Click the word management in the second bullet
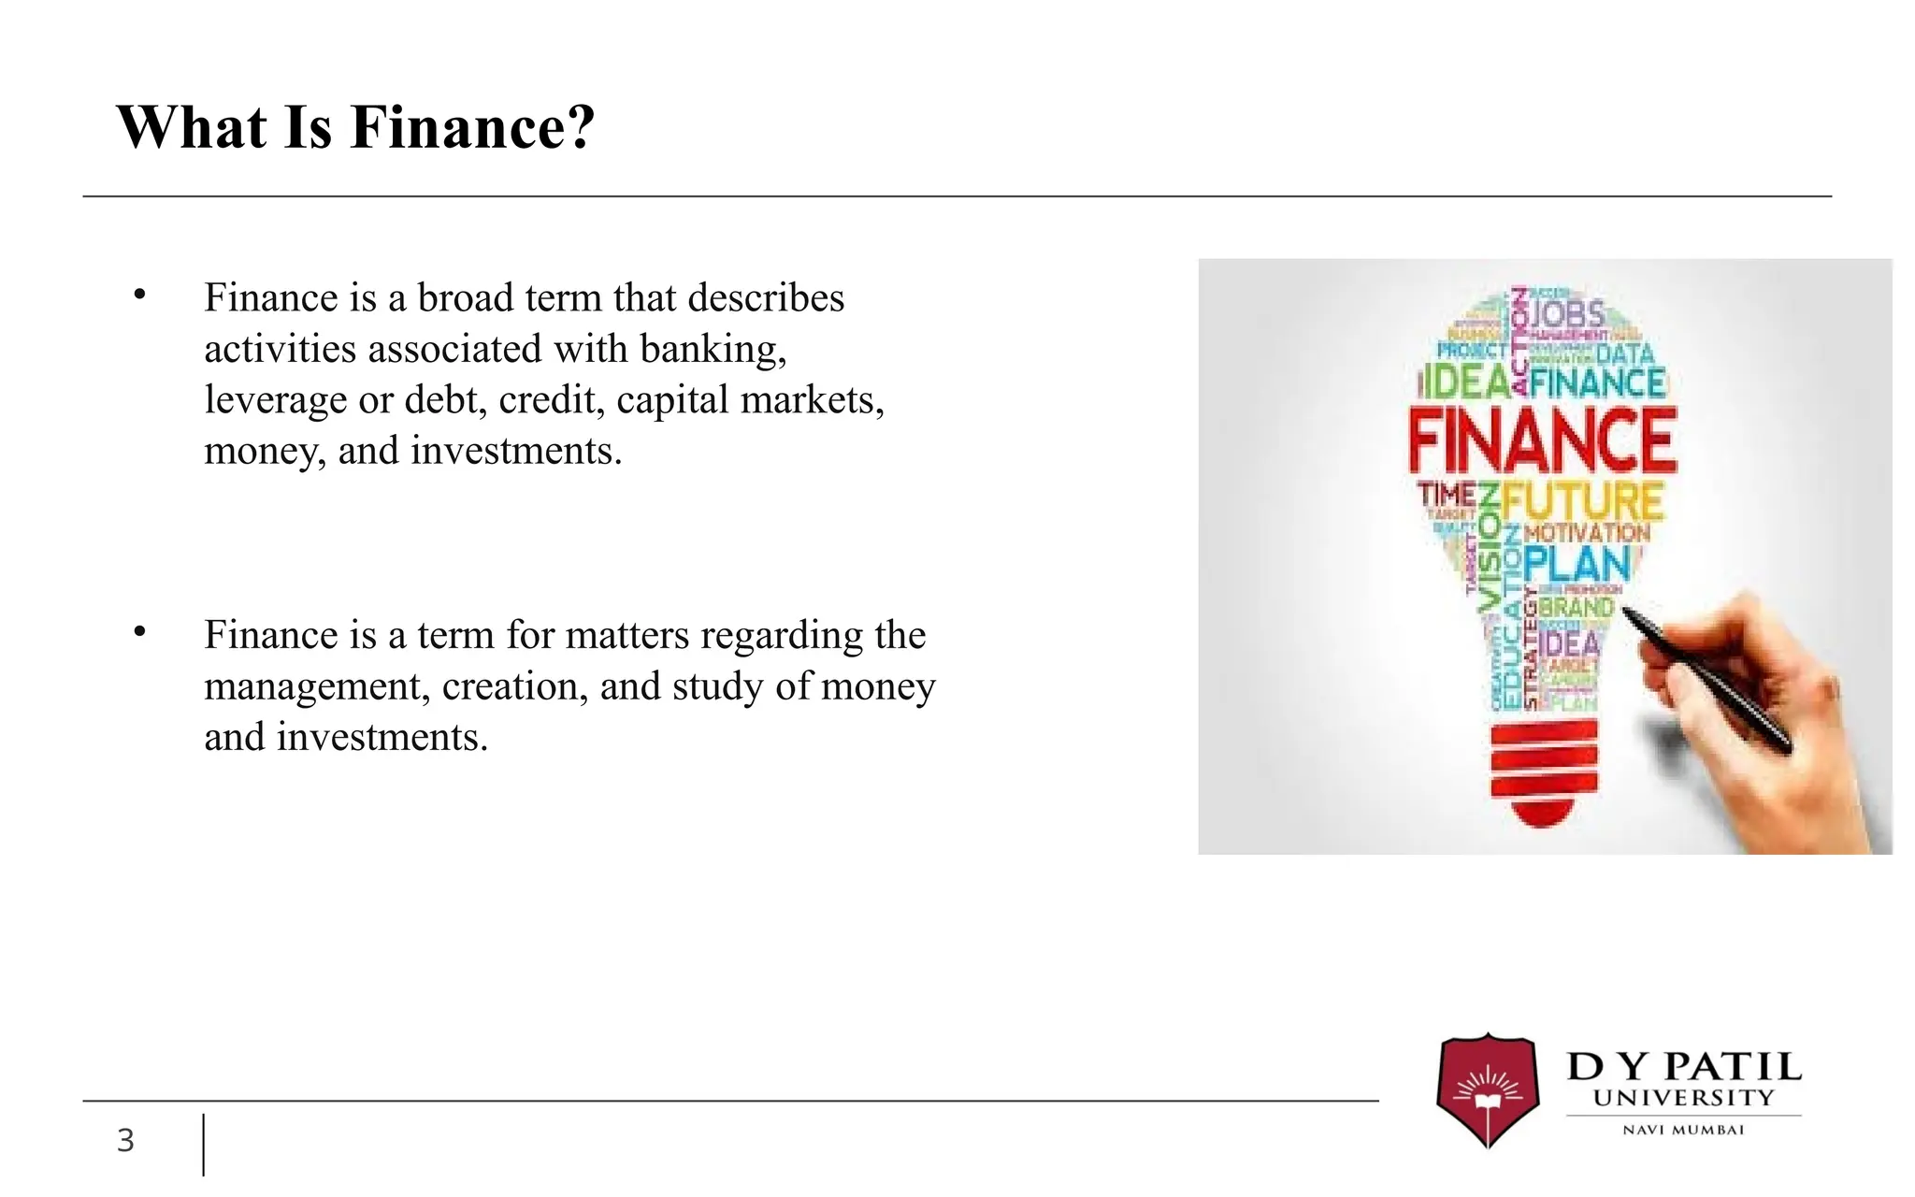(x=317, y=686)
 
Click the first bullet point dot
(x=140, y=296)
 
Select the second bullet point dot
(x=140, y=633)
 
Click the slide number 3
(x=125, y=1141)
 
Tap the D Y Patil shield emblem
(x=1487, y=1089)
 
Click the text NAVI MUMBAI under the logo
(x=1683, y=1130)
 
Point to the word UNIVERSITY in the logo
(x=1683, y=1098)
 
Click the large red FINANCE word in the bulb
(x=1543, y=441)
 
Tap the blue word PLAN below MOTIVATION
(x=1577, y=565)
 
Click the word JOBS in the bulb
(x=1566, y=313)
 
